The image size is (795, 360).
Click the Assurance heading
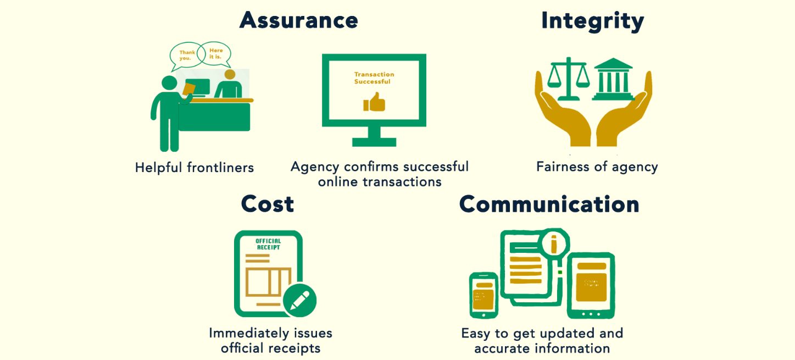point(299,20)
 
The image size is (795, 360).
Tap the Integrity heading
point(592,21)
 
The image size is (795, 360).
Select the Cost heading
point(268,204)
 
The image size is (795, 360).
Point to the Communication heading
point(549,204)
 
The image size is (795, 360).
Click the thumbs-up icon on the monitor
point(374,103)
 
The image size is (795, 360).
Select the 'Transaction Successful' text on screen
point(374,78)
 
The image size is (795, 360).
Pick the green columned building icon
point(612,79)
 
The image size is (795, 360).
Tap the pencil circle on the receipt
point(299,300)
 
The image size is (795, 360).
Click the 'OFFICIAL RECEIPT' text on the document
point(268,244)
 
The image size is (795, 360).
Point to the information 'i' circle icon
point(554,242)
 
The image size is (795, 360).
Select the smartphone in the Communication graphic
point(483,295)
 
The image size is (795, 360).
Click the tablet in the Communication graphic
point(591,286)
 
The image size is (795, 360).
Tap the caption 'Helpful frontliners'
point(194,168)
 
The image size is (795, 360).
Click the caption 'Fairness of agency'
point(597,167)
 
